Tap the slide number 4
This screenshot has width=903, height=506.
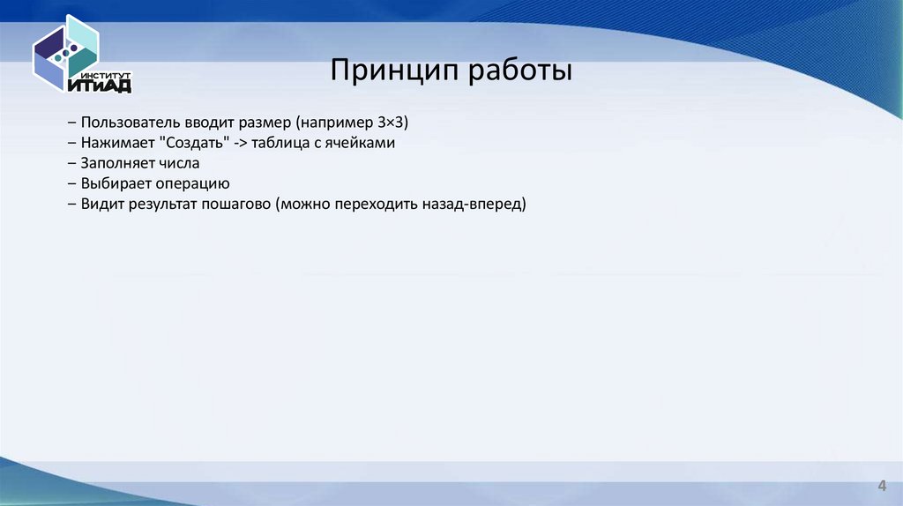881,487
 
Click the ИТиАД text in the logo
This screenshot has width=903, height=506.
99,86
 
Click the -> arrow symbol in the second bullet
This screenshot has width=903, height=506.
240,142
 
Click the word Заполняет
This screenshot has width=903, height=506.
116,163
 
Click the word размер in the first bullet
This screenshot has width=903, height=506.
267,121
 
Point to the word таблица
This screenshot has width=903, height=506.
280,142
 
